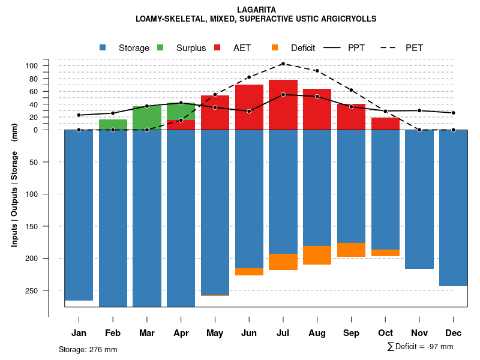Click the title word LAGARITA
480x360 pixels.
(256, 10)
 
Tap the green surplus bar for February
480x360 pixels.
(113, 124)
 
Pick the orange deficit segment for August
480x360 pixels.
(317, 255)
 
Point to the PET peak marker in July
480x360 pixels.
(283, 64)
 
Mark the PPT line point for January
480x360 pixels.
(79, 115)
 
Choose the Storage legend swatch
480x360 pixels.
(103, 47)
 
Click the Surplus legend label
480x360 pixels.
(191, 48)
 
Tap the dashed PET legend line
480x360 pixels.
(388, 47)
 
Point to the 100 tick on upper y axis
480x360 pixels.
(49, 66)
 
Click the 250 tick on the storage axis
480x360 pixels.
(49, 290)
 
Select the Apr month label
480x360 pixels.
(181, 333)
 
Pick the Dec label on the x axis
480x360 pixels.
(454, 333)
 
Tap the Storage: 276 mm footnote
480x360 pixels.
(88, 349)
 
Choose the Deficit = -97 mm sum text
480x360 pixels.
(421, 347)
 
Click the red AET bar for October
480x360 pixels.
(386, 124)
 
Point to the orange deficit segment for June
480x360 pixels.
(249, 272)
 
